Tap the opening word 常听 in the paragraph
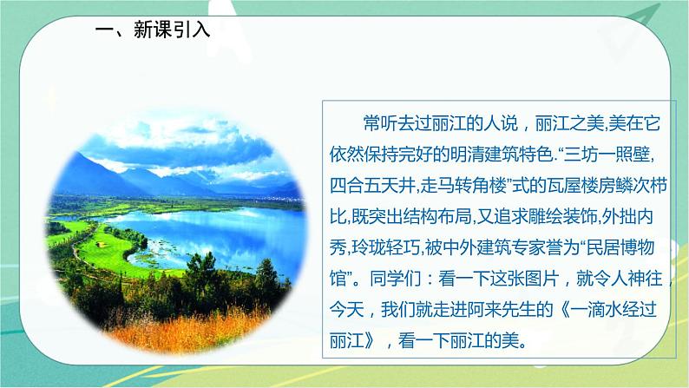(x=378, y=122)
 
